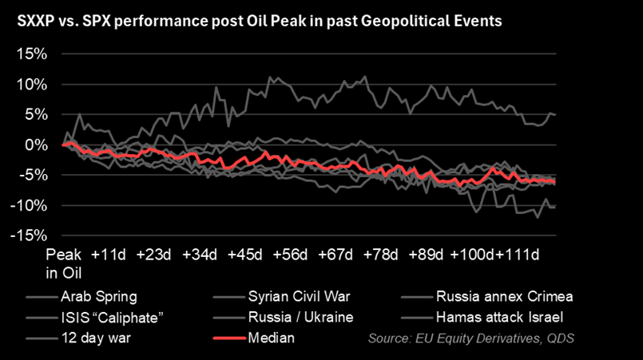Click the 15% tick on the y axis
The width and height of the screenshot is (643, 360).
[x=30, y=54]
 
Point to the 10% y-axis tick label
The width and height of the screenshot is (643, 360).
[x=30, y=85]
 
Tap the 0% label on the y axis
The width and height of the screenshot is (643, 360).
[x=35, y=145]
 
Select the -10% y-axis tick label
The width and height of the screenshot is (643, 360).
[x=28, y=206]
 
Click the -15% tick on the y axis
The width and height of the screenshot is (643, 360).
[x=28, y=235]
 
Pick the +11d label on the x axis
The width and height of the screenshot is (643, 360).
[x=109, y=255]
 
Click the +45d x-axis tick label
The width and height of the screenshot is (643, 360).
[x=244, y=255]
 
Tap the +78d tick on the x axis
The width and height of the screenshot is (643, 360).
[x=380, y=255]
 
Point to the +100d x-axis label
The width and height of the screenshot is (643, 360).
[x=470, y=255]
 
